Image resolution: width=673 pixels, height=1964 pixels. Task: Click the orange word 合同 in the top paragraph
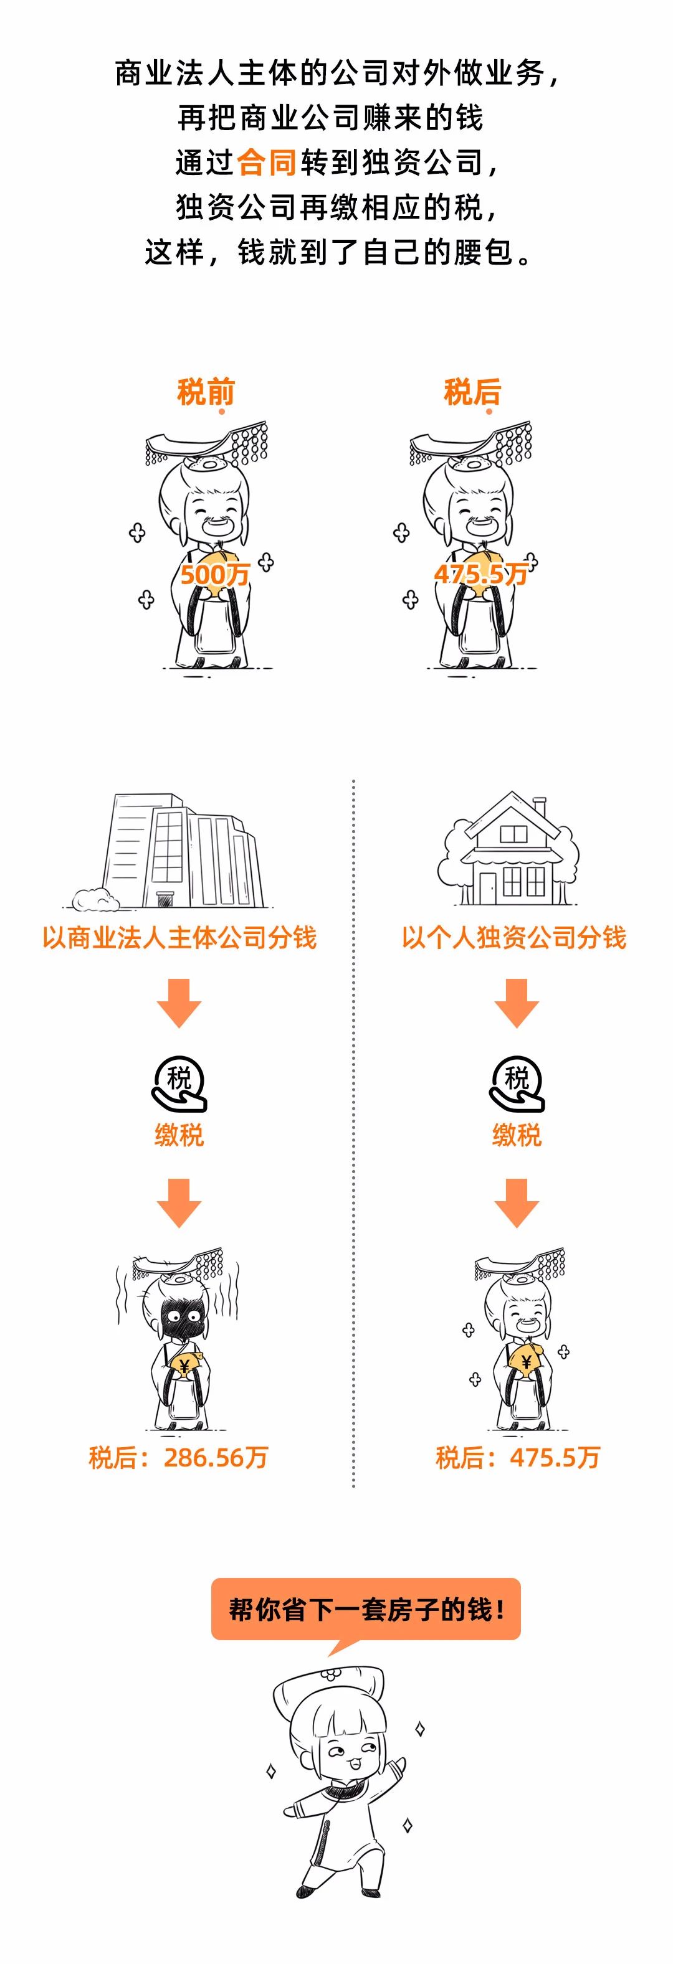click(266, 163)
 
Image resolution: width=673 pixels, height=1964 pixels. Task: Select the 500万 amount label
click(214, 574)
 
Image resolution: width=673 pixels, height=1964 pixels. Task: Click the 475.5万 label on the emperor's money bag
click(480, 574)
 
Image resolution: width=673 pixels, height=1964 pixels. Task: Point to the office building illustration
click(183, 852)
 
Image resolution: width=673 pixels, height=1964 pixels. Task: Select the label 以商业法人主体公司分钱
click(179, 937)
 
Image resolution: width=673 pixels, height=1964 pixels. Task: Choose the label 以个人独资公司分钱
click(513, 937)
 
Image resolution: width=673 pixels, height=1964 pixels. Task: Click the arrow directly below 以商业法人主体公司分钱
click(179, 1002)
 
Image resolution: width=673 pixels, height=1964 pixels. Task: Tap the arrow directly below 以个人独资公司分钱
click(517, 1002)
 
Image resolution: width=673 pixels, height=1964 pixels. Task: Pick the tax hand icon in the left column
click(179, 1084)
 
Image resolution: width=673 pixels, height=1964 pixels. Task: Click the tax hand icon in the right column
click(517, 1084)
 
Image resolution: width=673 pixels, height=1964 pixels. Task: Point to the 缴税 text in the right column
click(517, 1135)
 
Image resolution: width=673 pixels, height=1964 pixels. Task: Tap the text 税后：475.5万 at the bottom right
click(517, 1458)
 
